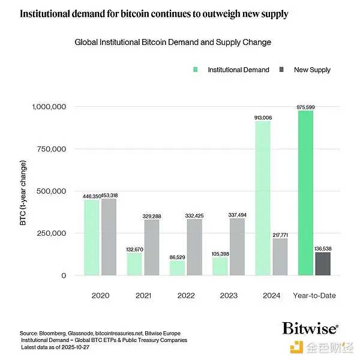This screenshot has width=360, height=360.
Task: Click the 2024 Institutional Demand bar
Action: [x=262, y=198]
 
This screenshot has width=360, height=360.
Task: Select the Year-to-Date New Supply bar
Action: [x=323, y=264]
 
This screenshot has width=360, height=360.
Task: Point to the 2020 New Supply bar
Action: [x=109, y=237]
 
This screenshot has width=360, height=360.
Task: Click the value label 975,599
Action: [x=305, y=107]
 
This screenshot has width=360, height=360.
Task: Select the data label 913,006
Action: [x=262, y=118]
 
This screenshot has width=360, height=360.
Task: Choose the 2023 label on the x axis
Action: [x=229, y=295]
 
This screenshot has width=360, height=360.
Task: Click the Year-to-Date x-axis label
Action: [x=314, y=295]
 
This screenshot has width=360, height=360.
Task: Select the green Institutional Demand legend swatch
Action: [x=196, y=70]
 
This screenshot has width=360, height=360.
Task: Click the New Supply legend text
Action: [x=312, y=70]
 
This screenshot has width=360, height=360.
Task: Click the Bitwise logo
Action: [x=310, y=328]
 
